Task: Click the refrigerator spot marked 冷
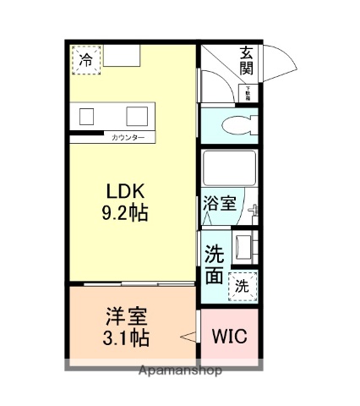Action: (85, 59)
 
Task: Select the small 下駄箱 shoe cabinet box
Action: (248, 93)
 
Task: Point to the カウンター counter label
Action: (128, 137)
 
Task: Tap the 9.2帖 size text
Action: (126, 213)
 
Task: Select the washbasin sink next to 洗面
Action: (245, 248)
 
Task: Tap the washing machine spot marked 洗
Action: (243, 285)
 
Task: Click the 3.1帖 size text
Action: (126, 339)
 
